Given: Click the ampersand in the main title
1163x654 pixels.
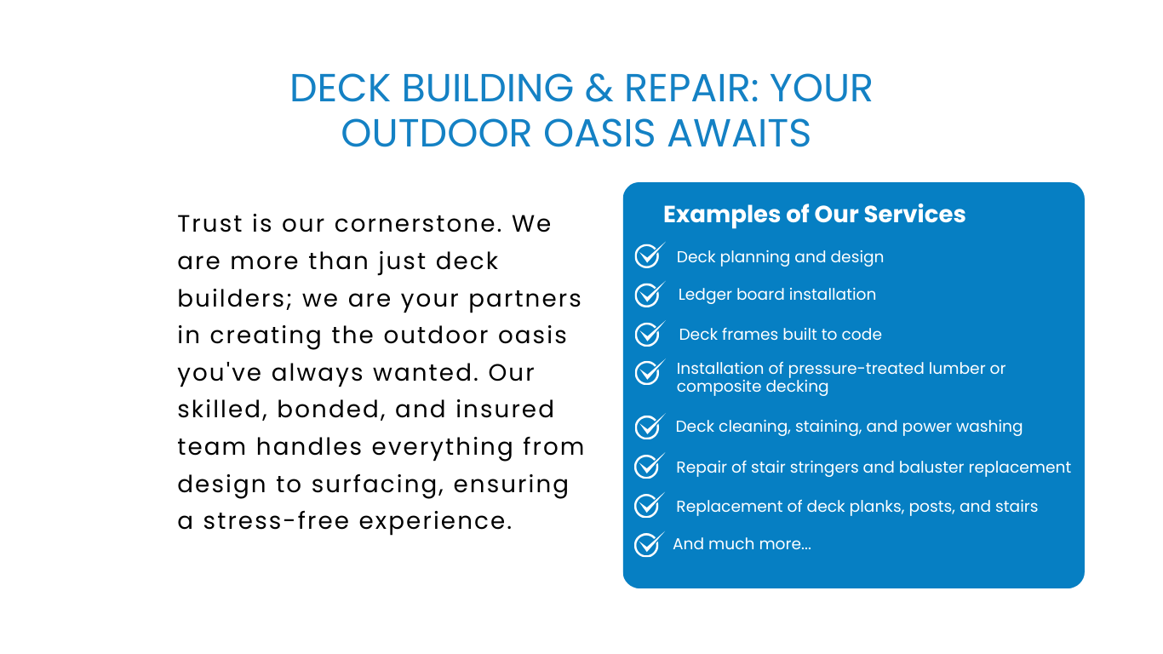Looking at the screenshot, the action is [599, 89].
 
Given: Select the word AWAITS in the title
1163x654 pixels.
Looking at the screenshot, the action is [739, 134].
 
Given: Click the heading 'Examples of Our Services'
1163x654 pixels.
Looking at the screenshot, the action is [814, 214].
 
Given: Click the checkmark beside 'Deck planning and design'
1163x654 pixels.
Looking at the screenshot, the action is [649, 255].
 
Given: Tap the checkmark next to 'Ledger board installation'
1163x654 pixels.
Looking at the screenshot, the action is [649, 294].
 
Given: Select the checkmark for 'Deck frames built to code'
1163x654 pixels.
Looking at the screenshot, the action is [649, 334].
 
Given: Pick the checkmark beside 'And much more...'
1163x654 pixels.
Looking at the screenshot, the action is [649, 544].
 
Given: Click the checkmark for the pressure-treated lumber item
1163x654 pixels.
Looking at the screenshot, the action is [649, 372].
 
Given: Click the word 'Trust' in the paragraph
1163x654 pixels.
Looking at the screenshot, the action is [210, 224].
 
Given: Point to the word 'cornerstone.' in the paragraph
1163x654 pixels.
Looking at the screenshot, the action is [418, 224].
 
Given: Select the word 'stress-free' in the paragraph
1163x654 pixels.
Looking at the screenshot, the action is [276, 521].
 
